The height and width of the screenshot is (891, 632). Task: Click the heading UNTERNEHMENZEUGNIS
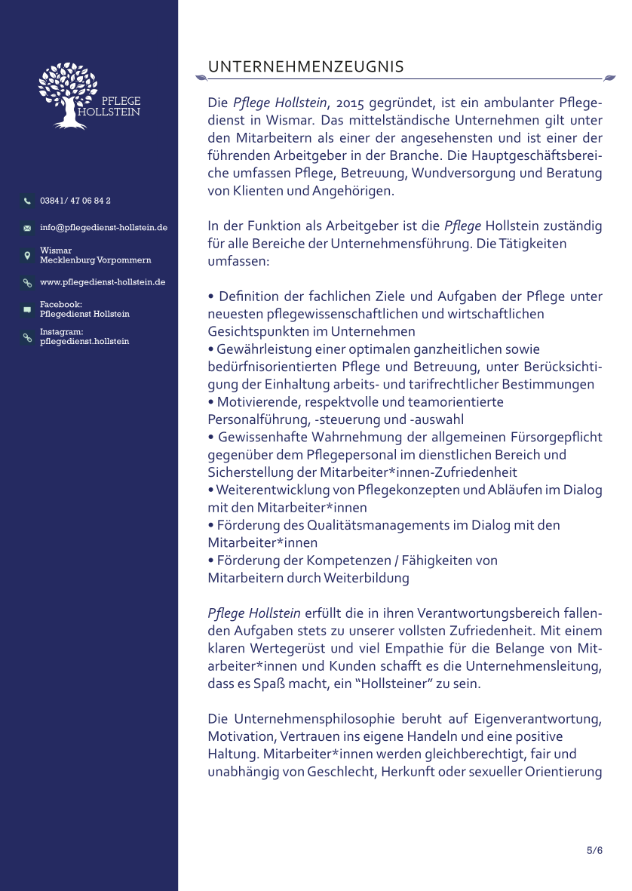pyautogui.click(x=305, y=67)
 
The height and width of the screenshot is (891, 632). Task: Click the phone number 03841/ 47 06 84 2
pyautogui.click(x=75, y=201)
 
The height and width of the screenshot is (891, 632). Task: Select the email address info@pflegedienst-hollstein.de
pyautogui.click(x=103, y=227)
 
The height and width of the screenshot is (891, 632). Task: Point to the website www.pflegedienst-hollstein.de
pyautogui.click(x=103, y=282)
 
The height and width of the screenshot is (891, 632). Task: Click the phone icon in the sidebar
pyautogui.click(x=27, y=201)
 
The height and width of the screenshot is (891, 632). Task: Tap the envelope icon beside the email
pyautogui.click(x=27, y=228)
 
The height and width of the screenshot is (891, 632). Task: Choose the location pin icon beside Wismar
pyautogui.click(x=27, y=255)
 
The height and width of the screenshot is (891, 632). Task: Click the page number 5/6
pyautogui.click(x=594, y=850)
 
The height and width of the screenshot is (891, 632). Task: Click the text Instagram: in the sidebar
pyautogui.click(x=61, y=331)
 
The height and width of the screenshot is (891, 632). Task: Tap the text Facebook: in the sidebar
pyautogui.click(x=60, y=304)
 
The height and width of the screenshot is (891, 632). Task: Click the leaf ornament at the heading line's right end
pyautogui.click(x=609, y=77)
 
